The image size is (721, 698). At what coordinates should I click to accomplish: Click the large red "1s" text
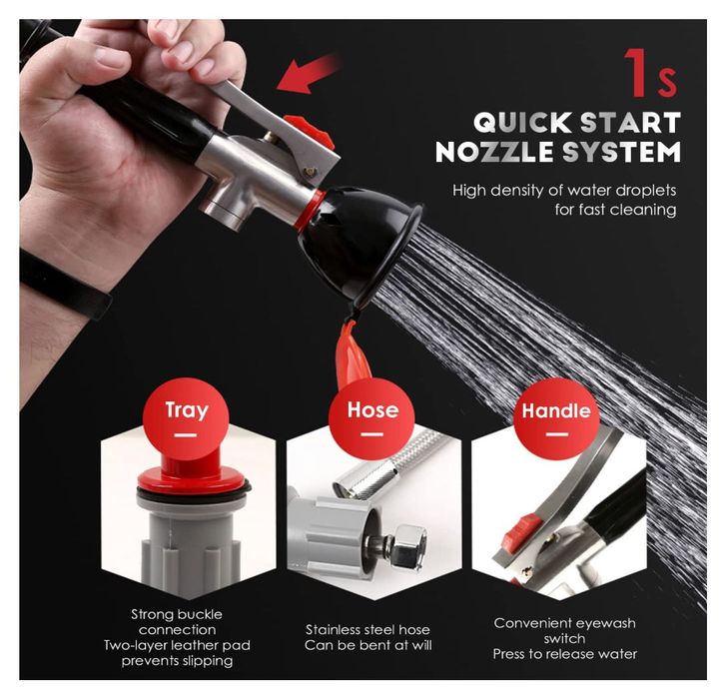(x=650, y=73)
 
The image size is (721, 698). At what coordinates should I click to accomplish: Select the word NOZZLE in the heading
(x=494, y=152)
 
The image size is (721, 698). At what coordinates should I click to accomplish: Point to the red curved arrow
(x=308, y=73)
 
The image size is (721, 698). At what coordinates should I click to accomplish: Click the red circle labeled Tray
(x=186, y=419)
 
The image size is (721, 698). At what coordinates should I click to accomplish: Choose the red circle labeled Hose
(x=371, y=419)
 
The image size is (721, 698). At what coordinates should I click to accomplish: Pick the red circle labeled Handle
(x=556, y=419)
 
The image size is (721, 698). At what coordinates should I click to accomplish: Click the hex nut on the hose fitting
(x=407, y=546)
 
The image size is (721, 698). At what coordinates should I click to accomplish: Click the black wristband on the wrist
(x=64, y=283)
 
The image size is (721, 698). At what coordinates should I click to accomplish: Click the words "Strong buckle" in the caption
(x=177, y=614)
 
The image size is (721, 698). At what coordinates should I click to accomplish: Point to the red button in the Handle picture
(x=522, y=532)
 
